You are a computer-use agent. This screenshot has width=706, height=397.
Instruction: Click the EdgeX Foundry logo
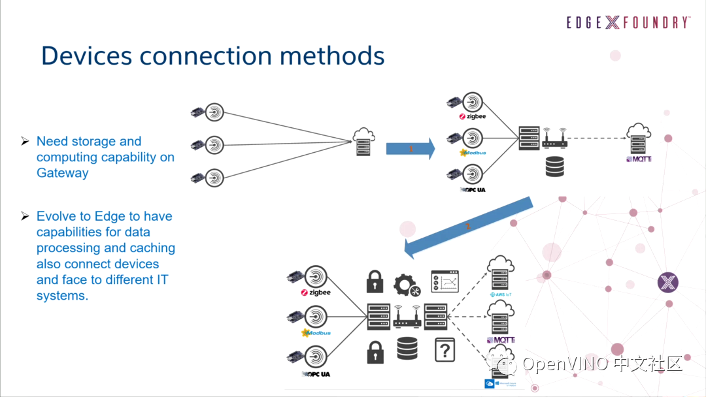[628, 23]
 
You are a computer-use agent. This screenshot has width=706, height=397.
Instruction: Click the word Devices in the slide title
[87, 56]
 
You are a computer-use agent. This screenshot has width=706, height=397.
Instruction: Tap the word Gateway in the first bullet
[62, 173]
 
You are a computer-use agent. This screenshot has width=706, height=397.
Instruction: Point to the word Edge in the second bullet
[109, 216]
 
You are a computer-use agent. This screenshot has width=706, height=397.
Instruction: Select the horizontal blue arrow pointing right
[410, 149]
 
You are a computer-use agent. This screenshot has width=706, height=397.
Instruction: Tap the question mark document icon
[445, 351]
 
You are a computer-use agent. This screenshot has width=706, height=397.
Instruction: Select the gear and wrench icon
[407, 285]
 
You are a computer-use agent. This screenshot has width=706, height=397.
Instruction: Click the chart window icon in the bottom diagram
[445, 281]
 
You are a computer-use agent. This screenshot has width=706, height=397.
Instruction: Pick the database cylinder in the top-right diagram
[554, 167]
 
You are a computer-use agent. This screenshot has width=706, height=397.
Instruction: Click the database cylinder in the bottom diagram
[407, 349]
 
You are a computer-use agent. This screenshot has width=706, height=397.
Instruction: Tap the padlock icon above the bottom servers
[375, 281]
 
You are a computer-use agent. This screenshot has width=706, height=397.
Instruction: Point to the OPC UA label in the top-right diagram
[473, 189]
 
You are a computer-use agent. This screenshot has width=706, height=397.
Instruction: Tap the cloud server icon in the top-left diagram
[363, 141]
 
